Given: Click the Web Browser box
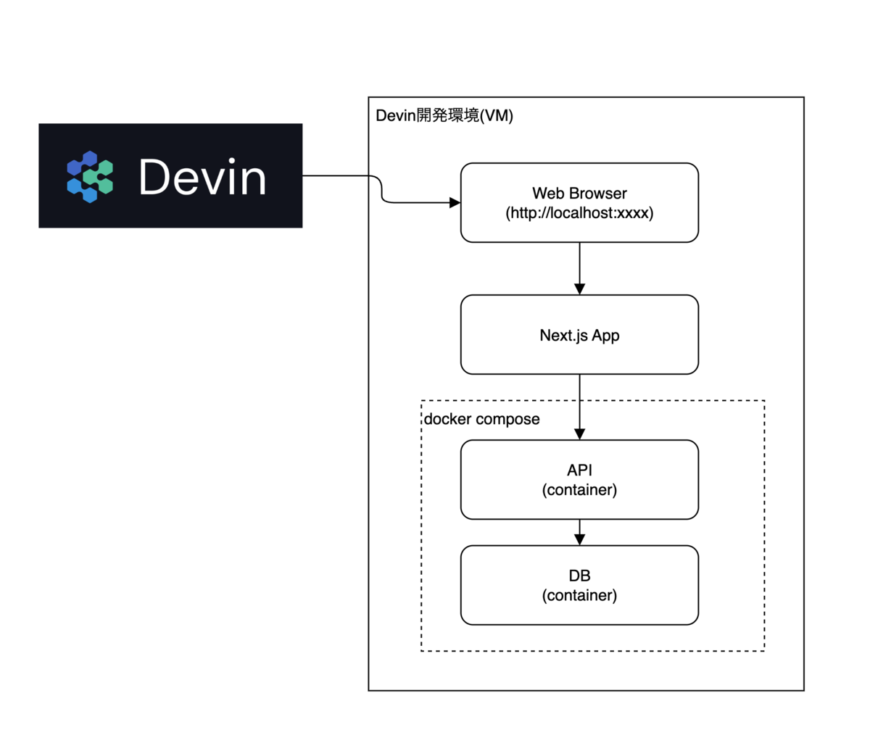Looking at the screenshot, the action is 579,202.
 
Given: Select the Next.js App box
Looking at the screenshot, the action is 579,334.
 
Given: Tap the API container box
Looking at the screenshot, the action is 579,480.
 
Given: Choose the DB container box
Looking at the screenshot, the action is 579,585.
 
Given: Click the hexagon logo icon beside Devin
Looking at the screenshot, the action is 90,177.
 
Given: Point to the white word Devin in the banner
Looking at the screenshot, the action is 202,177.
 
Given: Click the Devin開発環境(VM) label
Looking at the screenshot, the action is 444,115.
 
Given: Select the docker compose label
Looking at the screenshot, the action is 481,419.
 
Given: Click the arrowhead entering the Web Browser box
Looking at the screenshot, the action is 455,202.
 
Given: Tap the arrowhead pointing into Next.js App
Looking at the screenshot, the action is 579,289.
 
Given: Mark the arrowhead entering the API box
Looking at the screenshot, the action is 579,434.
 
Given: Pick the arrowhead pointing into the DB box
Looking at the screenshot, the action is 579,540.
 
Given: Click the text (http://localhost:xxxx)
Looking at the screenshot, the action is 579,213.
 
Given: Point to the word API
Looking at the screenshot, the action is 579,470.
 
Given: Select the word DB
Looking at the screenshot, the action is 579,576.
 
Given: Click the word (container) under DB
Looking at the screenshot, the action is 579,595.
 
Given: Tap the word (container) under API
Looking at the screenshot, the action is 579,490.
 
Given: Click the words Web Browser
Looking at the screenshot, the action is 579,193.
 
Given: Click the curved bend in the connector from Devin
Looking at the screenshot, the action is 381,189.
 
